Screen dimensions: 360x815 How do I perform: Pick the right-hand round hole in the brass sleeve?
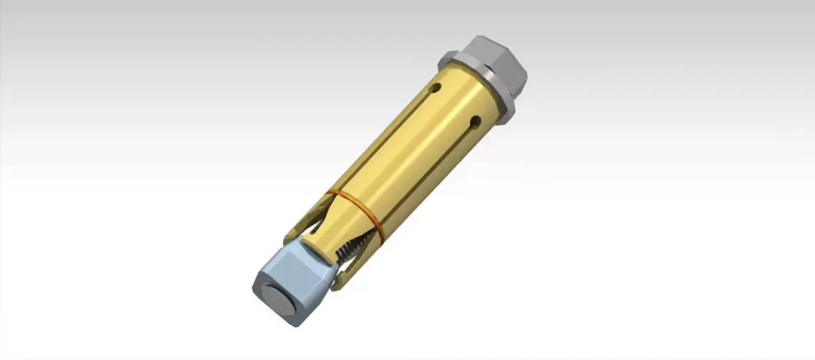click(x=475, y=122)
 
